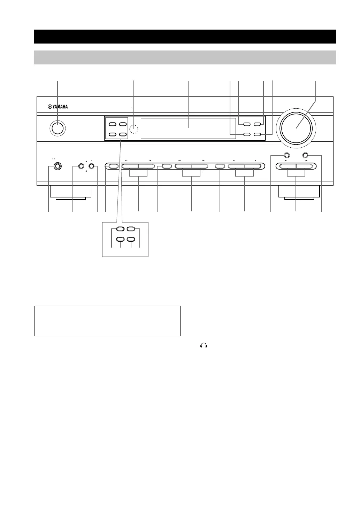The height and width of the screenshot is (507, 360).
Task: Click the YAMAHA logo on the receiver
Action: (x=58, y=107)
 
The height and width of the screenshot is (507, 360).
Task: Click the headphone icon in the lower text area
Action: (x=204, y=345)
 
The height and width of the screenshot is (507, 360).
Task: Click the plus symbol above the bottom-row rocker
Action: (x=255, y=160)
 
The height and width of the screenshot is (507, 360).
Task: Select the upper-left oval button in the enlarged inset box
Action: (x=120, y=229)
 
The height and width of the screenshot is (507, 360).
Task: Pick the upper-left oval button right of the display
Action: (x=247, y=124)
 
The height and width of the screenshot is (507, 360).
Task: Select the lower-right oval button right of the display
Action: (x=258, y=134)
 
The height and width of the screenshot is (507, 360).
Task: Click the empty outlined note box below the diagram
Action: (x=107, y=321)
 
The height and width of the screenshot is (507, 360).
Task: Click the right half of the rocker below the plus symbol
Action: (x=252, y=166)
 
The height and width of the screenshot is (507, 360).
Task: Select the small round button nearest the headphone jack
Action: (x=81, y=167)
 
